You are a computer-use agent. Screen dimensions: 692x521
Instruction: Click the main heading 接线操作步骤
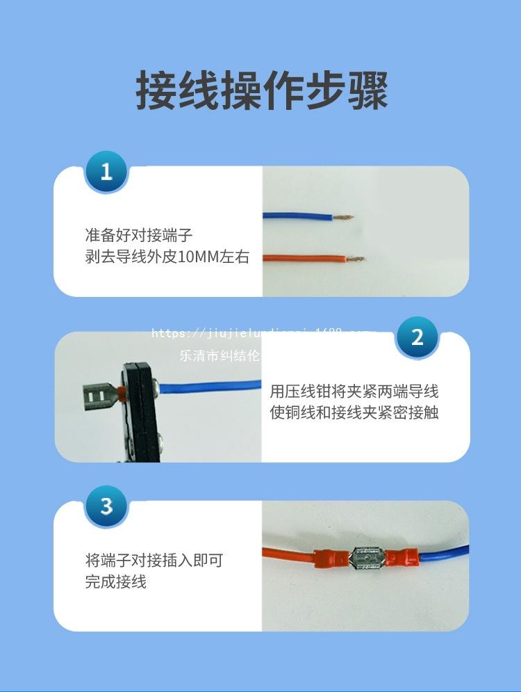[x=261, y=90]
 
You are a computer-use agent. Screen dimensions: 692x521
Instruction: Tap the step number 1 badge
[x=106, y=171]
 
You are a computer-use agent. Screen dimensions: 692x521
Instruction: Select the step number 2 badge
[x=417, y=337]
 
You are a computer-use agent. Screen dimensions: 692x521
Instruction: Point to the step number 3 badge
[x=106, y=506]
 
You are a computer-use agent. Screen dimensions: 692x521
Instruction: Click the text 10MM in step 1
[x=198, y=257]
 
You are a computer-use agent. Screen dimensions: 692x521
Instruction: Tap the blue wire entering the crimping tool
[x=208, y=384]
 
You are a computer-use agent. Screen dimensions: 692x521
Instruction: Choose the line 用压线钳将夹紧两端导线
[x=354, y=390]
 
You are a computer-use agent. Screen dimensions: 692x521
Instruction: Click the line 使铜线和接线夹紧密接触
[x=354, y=412]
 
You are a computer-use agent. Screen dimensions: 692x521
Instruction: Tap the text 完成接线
[x=116, y=582]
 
